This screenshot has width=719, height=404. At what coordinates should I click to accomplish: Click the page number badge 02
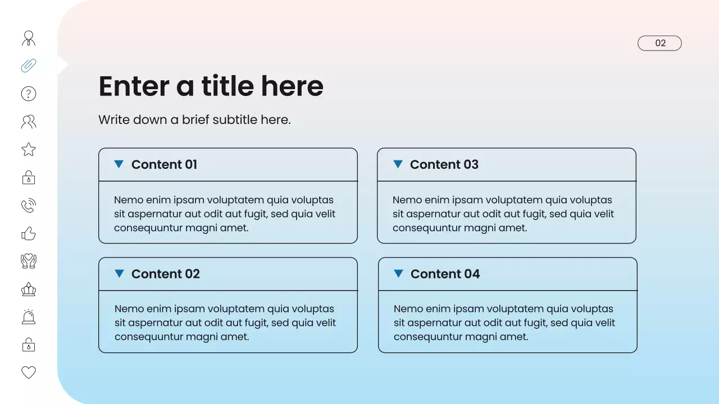[659, 43]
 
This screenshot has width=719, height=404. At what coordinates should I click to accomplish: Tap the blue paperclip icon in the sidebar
[29, 66]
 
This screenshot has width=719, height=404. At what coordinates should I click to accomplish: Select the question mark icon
[29, 94]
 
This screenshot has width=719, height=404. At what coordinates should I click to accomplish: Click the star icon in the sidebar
[29, 149]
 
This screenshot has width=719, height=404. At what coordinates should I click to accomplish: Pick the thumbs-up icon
[29, 233]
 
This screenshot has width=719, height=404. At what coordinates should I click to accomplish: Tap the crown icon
[29, 290]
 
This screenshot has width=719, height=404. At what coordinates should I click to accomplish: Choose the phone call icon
[29, 205]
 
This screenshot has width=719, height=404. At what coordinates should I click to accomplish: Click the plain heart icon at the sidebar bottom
[29, 372]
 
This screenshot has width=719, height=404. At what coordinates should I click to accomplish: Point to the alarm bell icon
[29, 317]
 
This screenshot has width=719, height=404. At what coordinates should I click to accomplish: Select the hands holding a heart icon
[29, 261]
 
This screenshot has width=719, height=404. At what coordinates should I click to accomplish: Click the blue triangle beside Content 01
[119, 164]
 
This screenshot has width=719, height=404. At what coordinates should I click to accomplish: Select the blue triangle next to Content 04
[398, 273]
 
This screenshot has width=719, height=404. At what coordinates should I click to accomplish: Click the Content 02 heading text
[166, 274]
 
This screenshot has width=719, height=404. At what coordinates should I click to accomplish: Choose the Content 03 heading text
[444, 164]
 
